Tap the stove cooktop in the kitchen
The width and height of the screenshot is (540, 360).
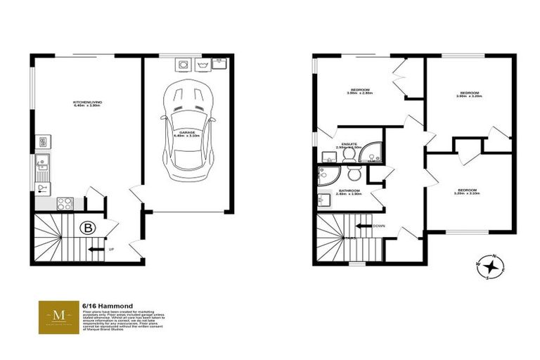click(x=65, y=203)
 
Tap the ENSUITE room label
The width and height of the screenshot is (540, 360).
click(x=349, y=145)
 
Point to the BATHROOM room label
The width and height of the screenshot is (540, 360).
click(x=349, y=191)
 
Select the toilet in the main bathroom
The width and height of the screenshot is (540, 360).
click(x=354, y=173)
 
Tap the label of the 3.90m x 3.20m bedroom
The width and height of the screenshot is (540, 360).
click(x=469, y=94)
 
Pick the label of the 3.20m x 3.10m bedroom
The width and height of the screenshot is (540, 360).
click(x=468, y=191)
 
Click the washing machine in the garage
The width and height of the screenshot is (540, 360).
click(x=184, y=65)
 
